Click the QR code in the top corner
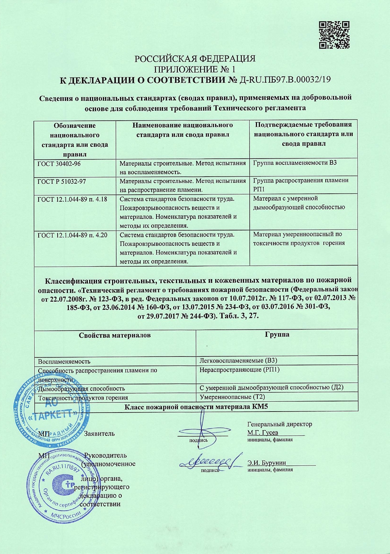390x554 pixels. [334, 35]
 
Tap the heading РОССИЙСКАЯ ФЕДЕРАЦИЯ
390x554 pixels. [195, 59]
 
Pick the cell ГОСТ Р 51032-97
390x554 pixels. [62, 181]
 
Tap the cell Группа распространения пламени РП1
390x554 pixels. [301, 185]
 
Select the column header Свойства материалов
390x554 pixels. [115, 335]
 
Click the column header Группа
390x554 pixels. [277, 335]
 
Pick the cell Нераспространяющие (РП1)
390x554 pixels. [240, 369]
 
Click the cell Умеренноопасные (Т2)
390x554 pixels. [232, 397]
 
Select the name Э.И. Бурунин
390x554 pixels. [267, 463]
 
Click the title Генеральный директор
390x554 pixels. [280, 424]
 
